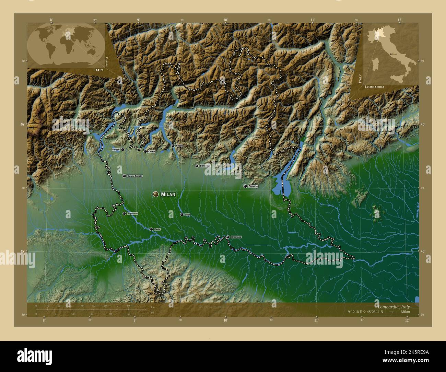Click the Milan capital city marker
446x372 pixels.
156,194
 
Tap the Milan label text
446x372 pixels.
168,194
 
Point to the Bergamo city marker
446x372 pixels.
197,166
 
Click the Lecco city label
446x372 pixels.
179,146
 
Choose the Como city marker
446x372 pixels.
145,151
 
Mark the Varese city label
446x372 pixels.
116,150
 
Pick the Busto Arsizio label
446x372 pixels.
134,176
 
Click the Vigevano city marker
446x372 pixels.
124,213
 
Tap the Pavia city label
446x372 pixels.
157,229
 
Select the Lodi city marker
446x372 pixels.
182,214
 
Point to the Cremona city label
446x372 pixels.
236,237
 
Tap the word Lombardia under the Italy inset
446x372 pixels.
375,87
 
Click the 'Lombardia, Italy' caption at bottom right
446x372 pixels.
393,306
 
